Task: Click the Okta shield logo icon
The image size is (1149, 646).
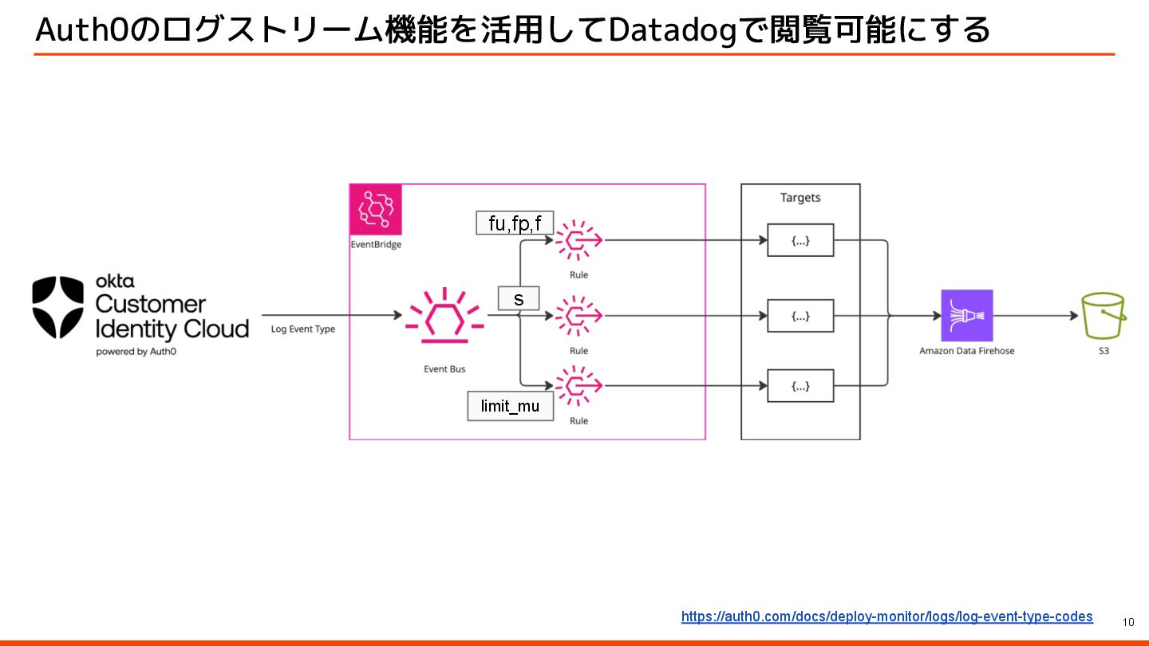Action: pyautogui.click(x=58, y=307)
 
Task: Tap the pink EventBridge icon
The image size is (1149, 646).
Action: pyautogui.click(x=376, y=210)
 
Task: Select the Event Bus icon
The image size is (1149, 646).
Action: pyautogui.click(x=444, y=316)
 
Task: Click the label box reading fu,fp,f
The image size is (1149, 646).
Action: pyautogui.click(x=515, y=223)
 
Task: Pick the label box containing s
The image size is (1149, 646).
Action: pyautogui.click(x=519, y=299)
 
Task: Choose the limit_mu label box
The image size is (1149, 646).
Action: pyautogui.click(x=510, y=406)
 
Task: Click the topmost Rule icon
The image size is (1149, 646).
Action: pyautogui.click(x=579, y=239)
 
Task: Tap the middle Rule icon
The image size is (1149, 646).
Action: pyautogui.click(x=579, y=316)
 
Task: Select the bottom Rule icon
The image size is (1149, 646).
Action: pyautogui.click(x=579, y=386)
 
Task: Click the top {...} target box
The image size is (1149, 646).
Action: pyautogui.click(x=800, y=240)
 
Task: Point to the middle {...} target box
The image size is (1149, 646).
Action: pyautogui.click(x=800, y=316)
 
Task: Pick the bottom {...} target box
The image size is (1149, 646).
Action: pyautogui.click(x=800, y=386)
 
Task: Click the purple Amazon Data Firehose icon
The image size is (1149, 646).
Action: pyautogui.click(x=967, y=316)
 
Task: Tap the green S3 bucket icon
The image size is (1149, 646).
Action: pyautogui.click(x=1104, y=316)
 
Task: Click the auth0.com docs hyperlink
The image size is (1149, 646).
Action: pyautogui.click(x=886, y=616)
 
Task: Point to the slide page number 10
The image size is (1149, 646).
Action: pyautogui.click(x=1128, y=622)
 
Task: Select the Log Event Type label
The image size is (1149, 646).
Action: pyautogui.click(x=303, y=329)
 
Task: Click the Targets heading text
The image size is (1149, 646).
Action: pyautogui.click(x=800, y=198)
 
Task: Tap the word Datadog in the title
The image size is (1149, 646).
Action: pyautogui.click(x=671, y=30)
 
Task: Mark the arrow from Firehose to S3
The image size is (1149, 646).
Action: pyautogui.click(x=1036, y=316)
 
